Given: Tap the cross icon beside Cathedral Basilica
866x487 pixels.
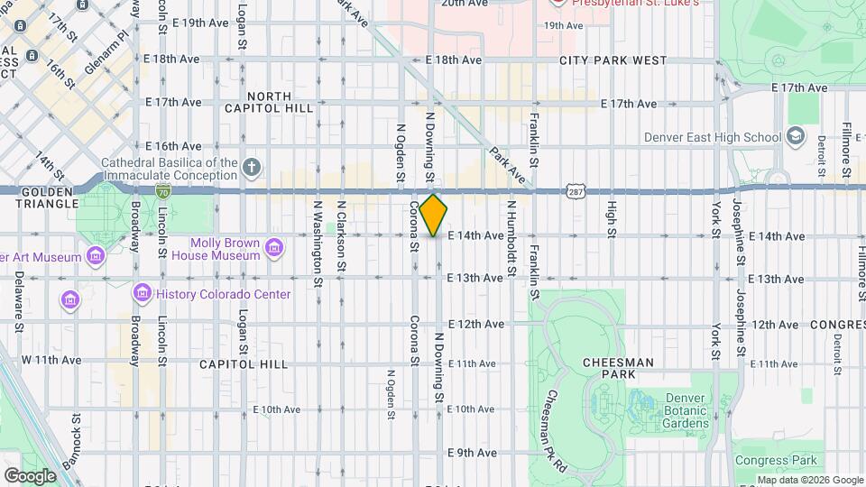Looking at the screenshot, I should (x=253, y=167).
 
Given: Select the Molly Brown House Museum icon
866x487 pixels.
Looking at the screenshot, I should (x=275, y=246).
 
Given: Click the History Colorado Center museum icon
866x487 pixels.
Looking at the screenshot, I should (x=142, y=294).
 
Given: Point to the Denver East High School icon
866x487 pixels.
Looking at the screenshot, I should (x=796, y=137).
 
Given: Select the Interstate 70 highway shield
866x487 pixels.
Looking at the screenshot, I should (x=162, y=191).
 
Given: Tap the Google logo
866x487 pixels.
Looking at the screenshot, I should (x=30, y=475).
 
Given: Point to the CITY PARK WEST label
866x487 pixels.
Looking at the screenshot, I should (x=613, y=60).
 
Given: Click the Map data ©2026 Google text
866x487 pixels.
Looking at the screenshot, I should (x=809, y=480).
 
